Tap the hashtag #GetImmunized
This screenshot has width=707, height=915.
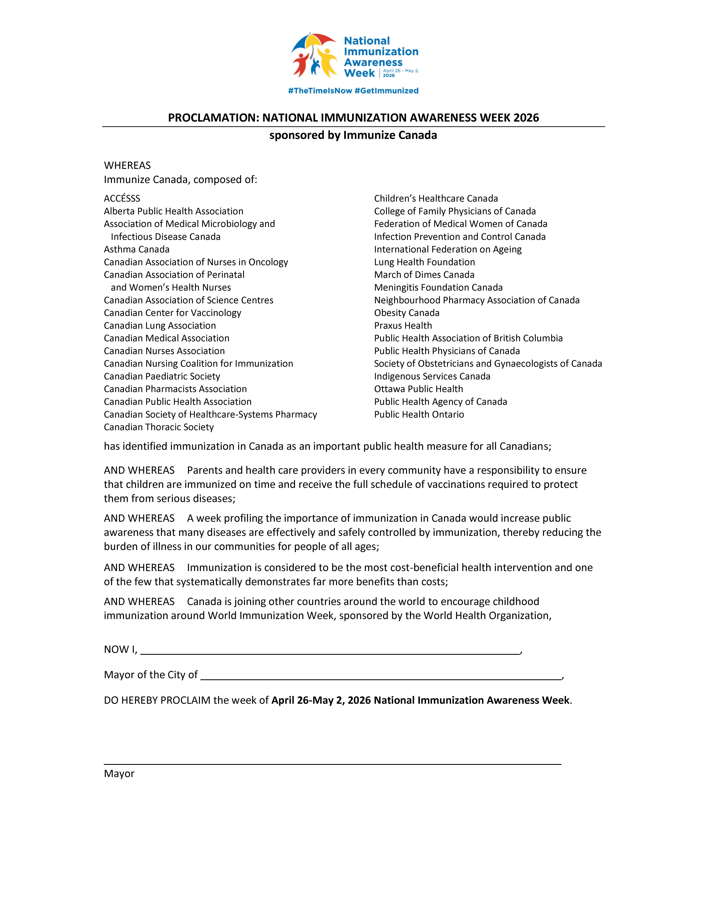point(386,91)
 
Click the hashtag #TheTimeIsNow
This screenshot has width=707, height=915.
point(320,91)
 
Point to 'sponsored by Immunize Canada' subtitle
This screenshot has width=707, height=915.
point(353,135)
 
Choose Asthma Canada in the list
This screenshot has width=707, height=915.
point(137,249)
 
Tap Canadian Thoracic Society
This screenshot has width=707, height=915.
point(159,427)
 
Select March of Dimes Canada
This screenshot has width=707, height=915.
point(424,275)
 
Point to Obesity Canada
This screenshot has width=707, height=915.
point(407,313)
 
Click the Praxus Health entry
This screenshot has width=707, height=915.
point(403,326)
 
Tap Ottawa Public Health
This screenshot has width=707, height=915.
point(418,389)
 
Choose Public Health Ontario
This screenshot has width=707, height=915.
point(419,414)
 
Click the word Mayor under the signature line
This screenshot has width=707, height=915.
point(119,774)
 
